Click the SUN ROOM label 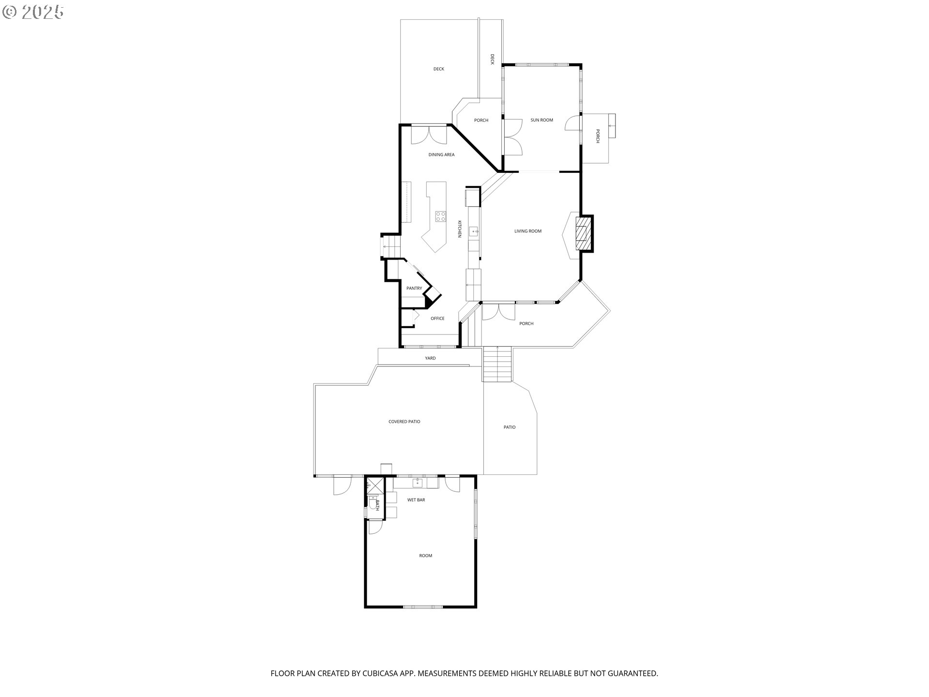pos(541,120)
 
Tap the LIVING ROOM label pos(528,231)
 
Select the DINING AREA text pos(441,155)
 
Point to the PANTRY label pos(414,288)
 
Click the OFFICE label pos(437,318)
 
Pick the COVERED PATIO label pos(405,422)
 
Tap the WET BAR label pos(416,500)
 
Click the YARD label pos(430,358)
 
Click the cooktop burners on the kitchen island pos(440,216)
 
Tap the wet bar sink pos(417,483)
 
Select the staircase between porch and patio pos(497,364)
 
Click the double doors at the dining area pos(429,135)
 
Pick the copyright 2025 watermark pos(33,12)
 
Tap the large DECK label pos(439,69)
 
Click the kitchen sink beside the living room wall pos(474,231)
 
